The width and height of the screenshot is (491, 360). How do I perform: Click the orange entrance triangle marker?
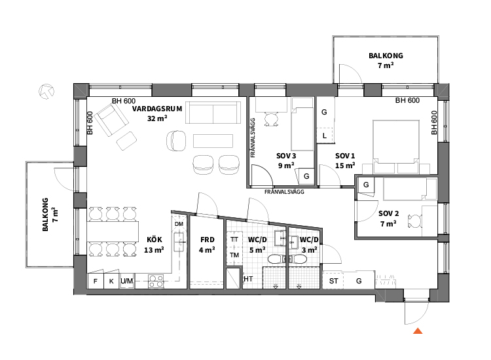(418, 331)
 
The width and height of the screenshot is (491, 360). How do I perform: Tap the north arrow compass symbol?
(46, 92)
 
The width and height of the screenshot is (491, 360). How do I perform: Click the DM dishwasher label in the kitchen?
(179, 224)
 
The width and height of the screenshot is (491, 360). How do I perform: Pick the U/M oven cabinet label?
(127, 281)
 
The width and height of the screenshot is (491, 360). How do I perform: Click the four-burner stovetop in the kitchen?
(156, 281)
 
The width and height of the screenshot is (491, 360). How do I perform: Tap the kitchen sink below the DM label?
(179, 242)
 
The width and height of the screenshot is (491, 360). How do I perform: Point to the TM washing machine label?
(234, 255)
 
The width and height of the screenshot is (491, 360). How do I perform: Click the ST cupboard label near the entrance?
(333, 281)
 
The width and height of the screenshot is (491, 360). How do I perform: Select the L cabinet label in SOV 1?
(325, 136)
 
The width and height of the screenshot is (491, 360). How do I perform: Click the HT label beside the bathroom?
(248, 279)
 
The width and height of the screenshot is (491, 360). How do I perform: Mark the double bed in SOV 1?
(396, 146)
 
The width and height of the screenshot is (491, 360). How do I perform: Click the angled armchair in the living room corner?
(111, 120)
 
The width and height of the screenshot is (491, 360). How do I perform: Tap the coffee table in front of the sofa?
(213, 141)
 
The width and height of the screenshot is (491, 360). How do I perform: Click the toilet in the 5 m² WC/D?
(276, 259)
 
